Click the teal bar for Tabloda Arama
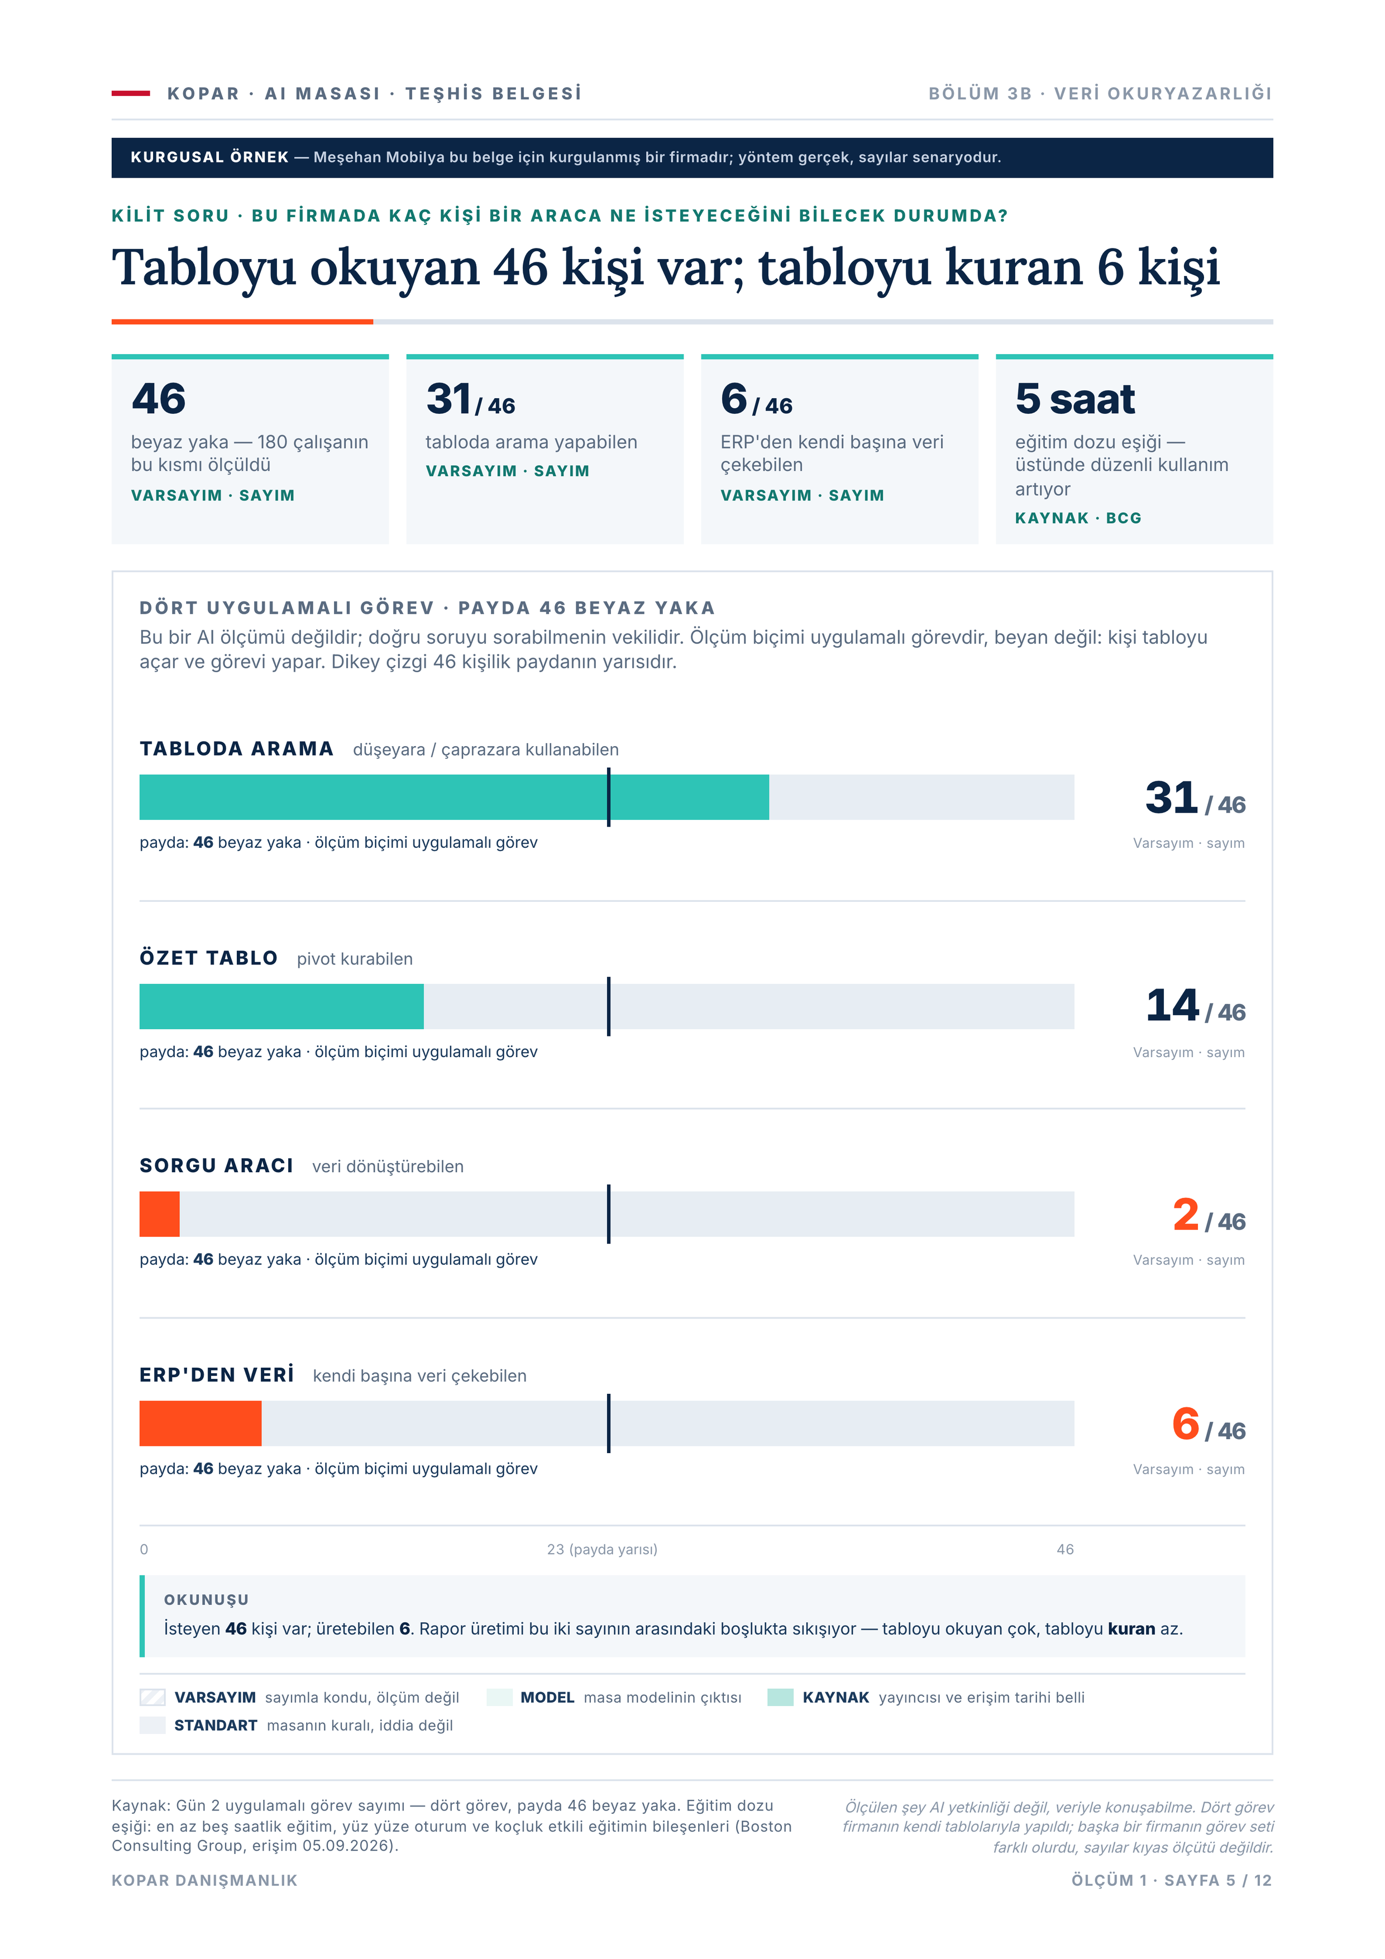(454, 797)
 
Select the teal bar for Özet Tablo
(281, 1006)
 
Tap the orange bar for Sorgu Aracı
(160, 1214)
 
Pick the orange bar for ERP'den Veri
(200, 1423)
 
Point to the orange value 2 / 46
(1209, 1215)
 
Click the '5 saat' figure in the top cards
(1075, 399)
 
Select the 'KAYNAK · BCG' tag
(1078, 518)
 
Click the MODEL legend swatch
(499, 1697)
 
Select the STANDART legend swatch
(153, 1725)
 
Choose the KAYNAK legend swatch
(781, 1697)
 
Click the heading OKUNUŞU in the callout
(207, 1600)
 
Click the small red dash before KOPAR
(131, 93)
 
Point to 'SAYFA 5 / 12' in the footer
(1218, 1880)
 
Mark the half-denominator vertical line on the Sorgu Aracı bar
(608, 1214)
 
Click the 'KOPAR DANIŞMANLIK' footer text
(205, 1880)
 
